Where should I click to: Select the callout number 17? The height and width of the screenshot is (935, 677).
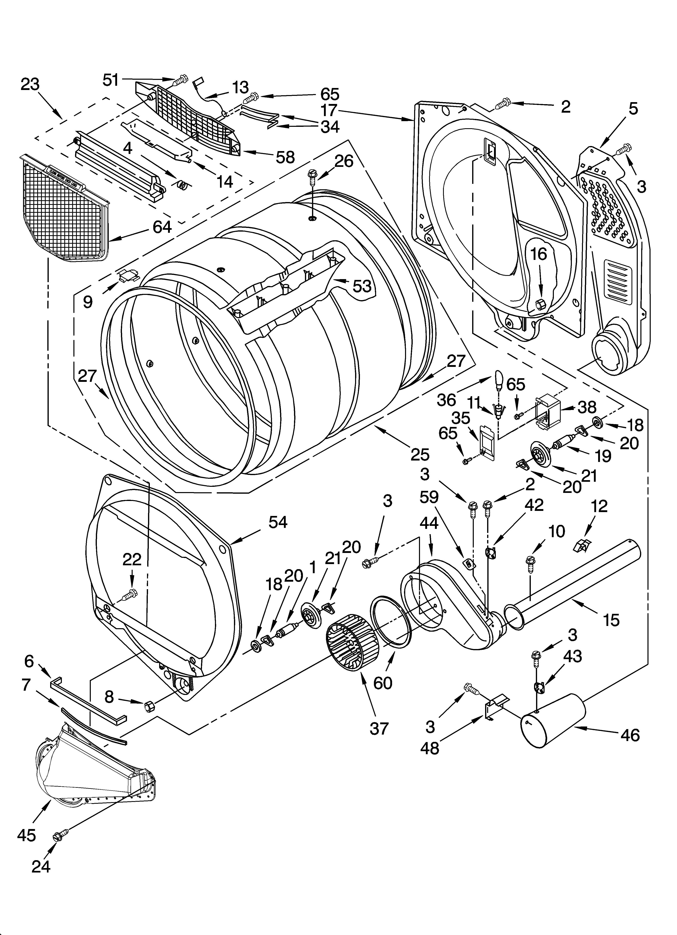click(329, 110)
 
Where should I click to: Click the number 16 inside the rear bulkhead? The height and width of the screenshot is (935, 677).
click(538, 254)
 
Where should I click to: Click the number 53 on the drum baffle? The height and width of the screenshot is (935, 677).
click(362, 286)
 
